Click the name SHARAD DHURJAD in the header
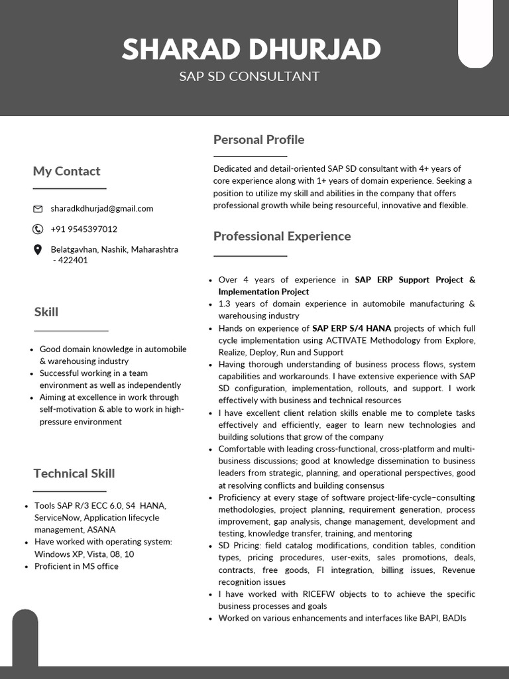coord(251,50)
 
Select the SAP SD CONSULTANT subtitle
coord(249,76)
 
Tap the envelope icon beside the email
coord(38,209)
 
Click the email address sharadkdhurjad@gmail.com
coord(101,208)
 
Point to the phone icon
coord(38,229)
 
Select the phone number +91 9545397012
coord(84,229)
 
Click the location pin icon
coord(38,250)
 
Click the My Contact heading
coord(66,171)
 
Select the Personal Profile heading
coord(258,139)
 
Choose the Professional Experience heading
coord(282,236)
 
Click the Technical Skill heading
coord(74,473)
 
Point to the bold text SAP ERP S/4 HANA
coord(351,328)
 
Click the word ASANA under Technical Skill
coord(101,530)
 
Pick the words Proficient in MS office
coord(76,566)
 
